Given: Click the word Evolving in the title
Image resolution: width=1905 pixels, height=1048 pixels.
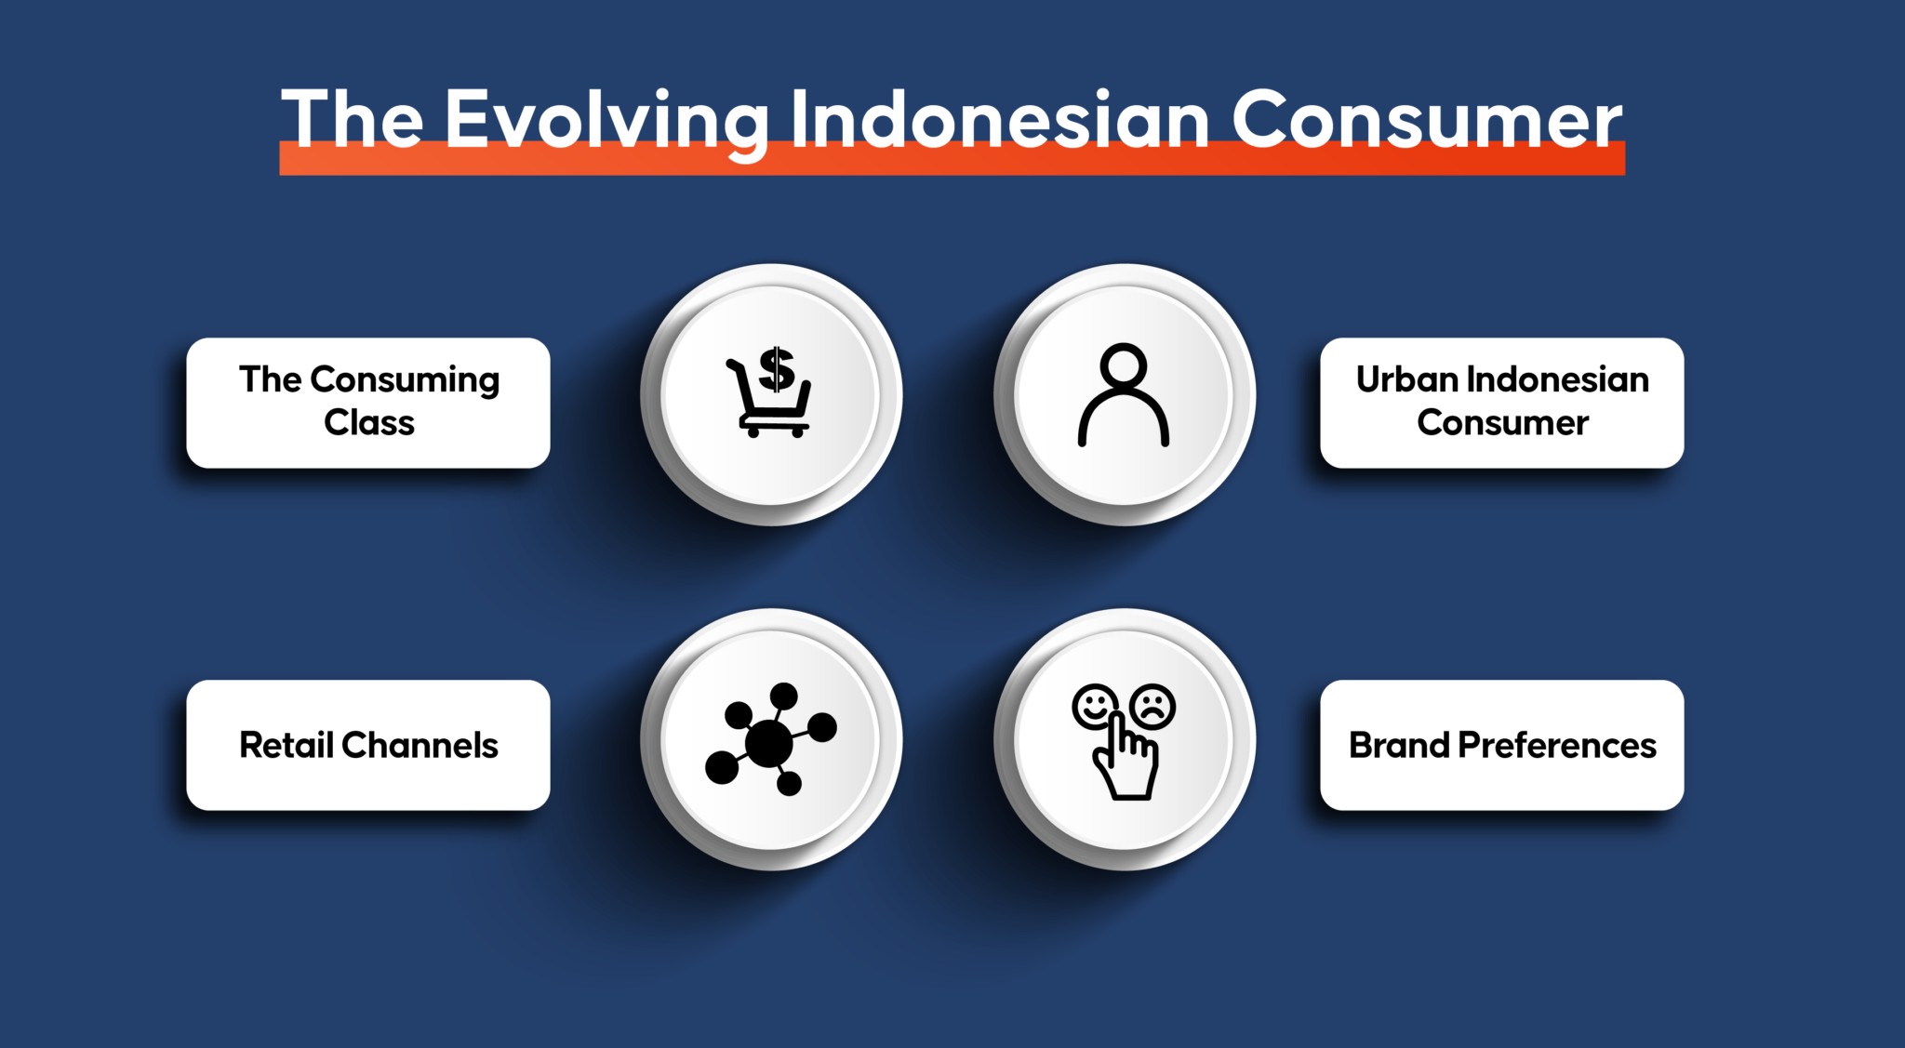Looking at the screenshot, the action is pyautogui.click(x=606, y=124).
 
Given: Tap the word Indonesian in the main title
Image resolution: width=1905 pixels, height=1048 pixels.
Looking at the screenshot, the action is pyautogui.click(x=1000, y=119).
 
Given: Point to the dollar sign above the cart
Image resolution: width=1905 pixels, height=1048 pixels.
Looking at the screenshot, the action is pyautogui.click(x=777, y=369).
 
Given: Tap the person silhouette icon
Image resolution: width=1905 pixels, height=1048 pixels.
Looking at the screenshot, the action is pyautogui.click(x=1124, y=395).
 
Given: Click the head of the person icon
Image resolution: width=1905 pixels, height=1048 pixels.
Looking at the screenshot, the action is pyautogui.click(x=1124, y=365).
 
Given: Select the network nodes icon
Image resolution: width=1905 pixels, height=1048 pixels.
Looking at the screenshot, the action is pyautogui.click(x=770, y=739).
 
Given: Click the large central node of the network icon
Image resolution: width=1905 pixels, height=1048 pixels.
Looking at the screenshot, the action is pyautogui.click(x=769, y=743).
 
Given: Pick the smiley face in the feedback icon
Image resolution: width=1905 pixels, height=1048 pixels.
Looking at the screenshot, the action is pyautogui.click(x=1095, y=708).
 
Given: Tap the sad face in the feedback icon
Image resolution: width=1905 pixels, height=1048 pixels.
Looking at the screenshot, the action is pyautogui.click(x=1153, y=707).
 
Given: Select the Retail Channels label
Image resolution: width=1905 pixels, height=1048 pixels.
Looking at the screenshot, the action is pyautogui.click(x=368, y=745).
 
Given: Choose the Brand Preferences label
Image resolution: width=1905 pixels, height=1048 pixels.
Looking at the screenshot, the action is pyautogui.click(x=1502, y=745).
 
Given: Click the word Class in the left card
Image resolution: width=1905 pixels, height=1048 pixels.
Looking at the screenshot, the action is pyautogui.click(x=369, y=423).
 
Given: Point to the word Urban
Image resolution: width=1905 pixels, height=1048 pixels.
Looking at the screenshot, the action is pyautogui.click(x=1406, y=379).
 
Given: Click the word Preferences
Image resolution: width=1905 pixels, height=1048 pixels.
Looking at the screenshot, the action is pyautogui.click(x=1557, y=745).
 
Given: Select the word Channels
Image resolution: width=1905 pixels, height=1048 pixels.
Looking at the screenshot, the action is pyautogui.click(x=420, y=745).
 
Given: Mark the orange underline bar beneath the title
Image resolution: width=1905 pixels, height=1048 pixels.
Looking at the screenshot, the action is pyautogui.click(x=952, y=158).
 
